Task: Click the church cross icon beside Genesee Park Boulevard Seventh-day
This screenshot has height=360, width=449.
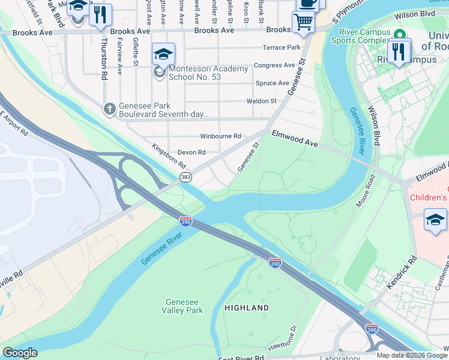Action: [x=109, y=109]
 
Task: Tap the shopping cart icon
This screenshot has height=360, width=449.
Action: [x=304, y=23]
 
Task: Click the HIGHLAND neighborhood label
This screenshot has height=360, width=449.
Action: [x=247, y=308]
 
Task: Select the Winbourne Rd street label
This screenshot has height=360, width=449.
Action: [x=220, y=136]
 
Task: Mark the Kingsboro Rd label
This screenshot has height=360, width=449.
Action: [x=169, y=156]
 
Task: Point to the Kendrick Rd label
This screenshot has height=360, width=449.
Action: [x=402, y=273]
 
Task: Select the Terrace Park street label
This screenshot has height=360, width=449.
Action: [x=281, y=47]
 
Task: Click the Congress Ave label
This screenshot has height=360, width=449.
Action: [x=275, y=65]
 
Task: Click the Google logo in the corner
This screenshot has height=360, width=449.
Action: [x=20, y=353]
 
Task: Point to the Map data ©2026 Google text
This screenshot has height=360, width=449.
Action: [x=412, y=355]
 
